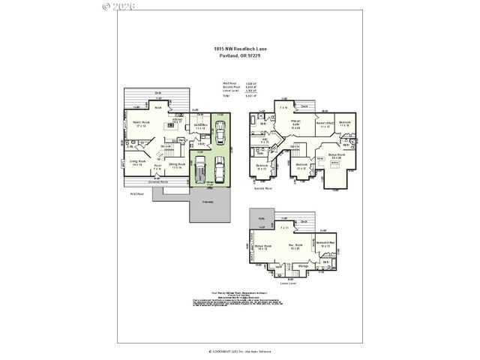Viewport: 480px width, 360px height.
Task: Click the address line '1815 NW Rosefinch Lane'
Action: (x=240, y=49)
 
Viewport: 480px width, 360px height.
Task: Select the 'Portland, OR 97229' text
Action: (x=240, y=55)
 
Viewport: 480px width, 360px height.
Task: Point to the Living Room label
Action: (x=136, y=163)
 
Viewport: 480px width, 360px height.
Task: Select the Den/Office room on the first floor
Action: (x=200, y=127)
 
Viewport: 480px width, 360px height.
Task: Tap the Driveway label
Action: (x=207, y=202)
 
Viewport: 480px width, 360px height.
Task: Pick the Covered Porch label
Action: (x=158, y=181)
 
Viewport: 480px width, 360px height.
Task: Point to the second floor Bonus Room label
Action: (x=334, y=157)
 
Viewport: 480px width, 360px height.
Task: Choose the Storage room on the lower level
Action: (x=304, y=266)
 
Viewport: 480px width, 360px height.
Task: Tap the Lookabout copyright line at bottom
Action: (x=240, y=350)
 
